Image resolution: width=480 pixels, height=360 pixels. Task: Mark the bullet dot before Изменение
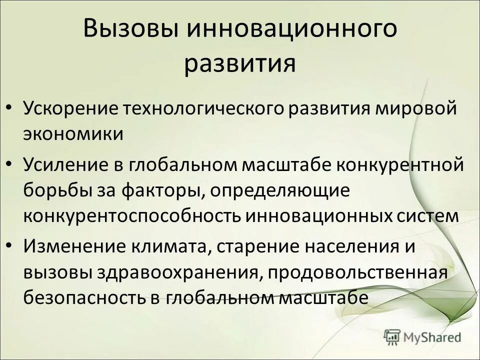click(10, 246)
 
